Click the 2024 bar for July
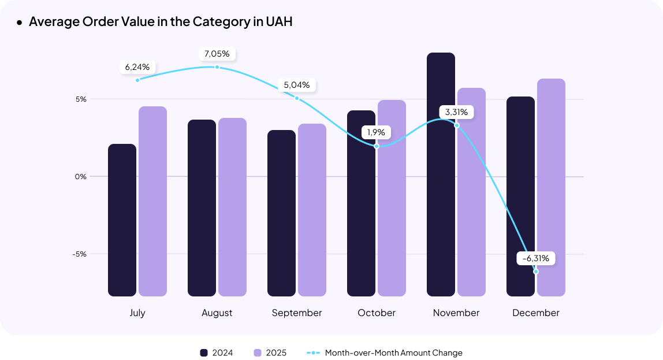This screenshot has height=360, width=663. coord(122,220)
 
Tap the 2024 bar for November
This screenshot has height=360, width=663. coord(441,175)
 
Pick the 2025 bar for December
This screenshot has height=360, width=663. coord(551,187)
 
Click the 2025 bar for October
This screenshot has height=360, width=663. coord(392,198)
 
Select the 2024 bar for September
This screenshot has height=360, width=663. coord(281,213)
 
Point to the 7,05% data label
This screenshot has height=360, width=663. coord(217,54)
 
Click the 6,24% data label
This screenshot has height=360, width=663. coord(137,67)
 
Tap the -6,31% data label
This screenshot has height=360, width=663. coord(535,258)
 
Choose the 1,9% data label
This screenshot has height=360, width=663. coord(377,132)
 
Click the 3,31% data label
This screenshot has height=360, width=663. coord(456,112)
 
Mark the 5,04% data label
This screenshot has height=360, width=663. coord(297,85)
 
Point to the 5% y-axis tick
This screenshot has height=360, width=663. coord(80,99)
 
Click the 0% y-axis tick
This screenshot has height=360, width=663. coord(80,176)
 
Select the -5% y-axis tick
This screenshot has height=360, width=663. coord(80,254)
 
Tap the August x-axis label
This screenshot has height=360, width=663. coord(217,313)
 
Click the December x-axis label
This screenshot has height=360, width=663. coord(536,313)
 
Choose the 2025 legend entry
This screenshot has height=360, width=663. coord(270,352)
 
